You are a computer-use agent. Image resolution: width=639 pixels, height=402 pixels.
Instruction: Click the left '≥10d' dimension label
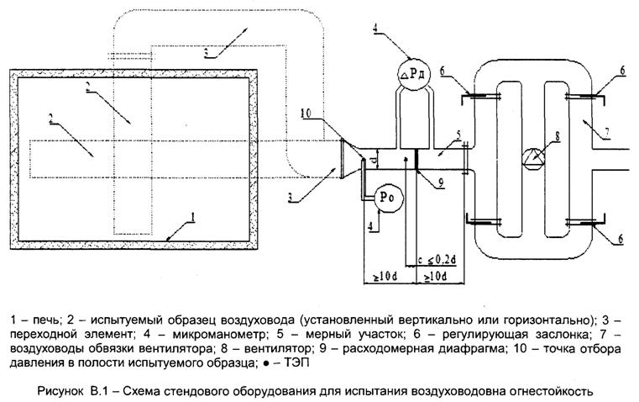point(383,276)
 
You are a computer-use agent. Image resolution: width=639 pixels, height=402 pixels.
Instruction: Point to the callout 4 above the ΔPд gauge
point(375,34)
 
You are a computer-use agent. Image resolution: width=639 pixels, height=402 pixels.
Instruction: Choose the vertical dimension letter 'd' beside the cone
point(377,156)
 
